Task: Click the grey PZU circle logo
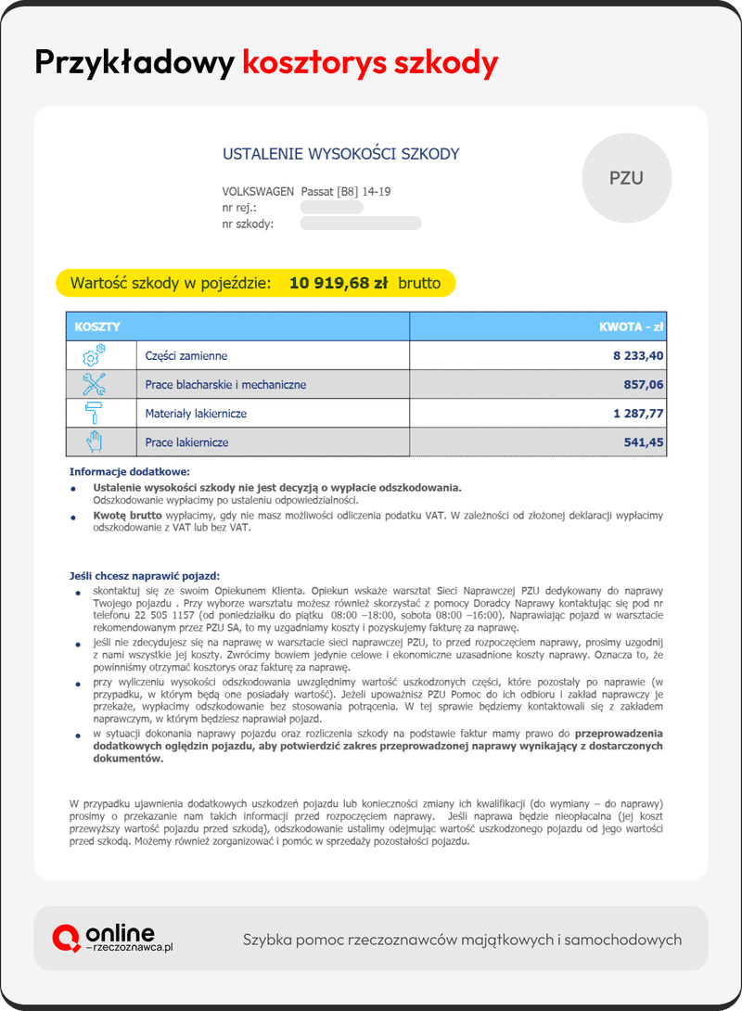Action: click(x=626, y=178)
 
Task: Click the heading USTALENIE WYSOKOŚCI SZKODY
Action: click(x=340, y=154)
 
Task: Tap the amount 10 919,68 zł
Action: click(x=338, y=283)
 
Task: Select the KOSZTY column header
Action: click(x=97, y=327)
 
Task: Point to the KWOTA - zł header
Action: click(x=632, y=327)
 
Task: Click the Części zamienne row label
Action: click(x=185, y=356)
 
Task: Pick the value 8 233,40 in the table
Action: click(x=638, y=356)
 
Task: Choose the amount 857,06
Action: click(x=645, y=385)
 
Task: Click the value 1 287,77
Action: click(x=638, y=414)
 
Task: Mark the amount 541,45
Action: click(x=645, y=442)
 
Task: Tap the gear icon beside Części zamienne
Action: click(x=94, y=355)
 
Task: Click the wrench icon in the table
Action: click(x=94, y=384)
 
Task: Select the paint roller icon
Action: click(x=94, y=413)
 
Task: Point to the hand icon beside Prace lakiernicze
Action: click(x=94, y=442)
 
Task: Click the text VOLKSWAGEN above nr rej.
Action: click(x=258, y=192)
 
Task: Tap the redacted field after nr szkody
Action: click(x=361, y=224)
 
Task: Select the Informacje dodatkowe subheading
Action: click(x=129, y=471)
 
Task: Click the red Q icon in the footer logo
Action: click(x=66, y=939)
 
